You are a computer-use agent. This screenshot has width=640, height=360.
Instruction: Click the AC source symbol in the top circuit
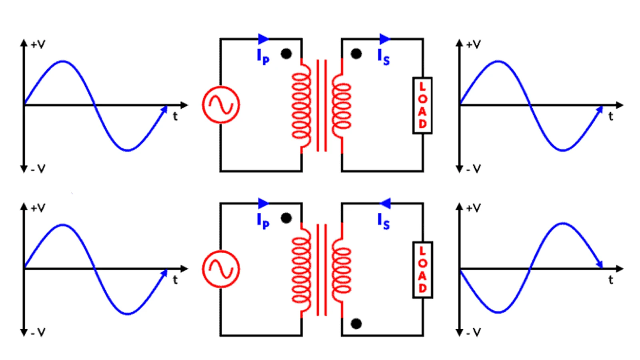[221, 104]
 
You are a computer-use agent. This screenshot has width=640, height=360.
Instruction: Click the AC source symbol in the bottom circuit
[221, 269]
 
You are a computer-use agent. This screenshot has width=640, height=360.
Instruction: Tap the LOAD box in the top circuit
[422, 106]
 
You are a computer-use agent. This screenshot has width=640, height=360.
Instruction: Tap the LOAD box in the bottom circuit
[422, 270]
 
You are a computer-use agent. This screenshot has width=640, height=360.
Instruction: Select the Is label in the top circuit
[384, 57]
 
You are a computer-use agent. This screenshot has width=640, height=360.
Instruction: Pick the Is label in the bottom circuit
[384, 222]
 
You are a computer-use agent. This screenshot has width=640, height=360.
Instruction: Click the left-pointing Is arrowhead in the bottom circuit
[385, 204]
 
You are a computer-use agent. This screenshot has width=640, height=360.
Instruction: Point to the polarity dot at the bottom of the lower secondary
[356, 324]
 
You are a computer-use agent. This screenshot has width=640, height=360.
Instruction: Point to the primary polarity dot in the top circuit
[286, 54]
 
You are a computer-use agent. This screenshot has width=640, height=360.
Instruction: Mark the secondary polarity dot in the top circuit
[356, 54]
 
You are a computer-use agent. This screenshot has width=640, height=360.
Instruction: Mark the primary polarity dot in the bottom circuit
[286, 218]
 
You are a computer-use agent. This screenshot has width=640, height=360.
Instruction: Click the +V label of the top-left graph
[38, 44]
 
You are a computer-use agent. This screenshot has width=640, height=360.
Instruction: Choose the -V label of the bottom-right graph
[474, 332]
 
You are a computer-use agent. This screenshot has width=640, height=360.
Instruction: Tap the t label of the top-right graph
[610, 116]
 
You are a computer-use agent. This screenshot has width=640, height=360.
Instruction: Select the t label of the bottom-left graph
[175, 280]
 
